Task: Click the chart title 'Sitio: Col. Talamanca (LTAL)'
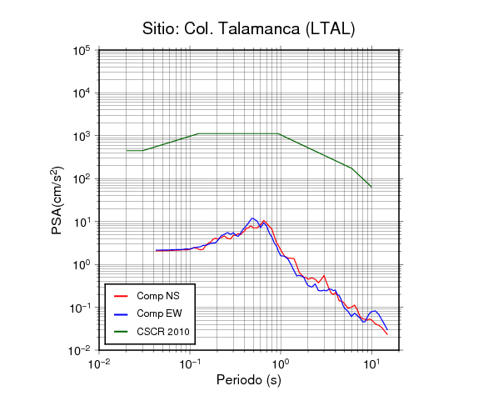[x=248, y=29]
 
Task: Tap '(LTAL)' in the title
[x=330, y=29]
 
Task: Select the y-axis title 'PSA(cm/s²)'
[x=57, y=201]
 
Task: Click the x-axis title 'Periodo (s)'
[x=249, y=380]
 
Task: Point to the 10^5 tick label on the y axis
[x=82, y=50]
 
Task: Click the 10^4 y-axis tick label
[x=82, y=93]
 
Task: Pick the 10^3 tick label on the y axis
[x=82, y=136]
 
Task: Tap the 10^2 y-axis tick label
[x=82, y=179]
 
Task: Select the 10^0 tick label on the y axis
[x=82, y=264]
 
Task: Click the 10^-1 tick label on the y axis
[x=80, y=308]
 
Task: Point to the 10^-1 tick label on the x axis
[x=190, y=363]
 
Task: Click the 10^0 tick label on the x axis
[x=281, y=363]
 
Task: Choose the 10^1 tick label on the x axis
[x=371, y=363]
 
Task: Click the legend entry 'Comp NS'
[x=147, y=296]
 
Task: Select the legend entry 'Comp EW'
[x=148, y=313]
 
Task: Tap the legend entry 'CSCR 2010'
[x=152, y=332]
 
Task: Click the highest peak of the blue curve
[x=252, y=218]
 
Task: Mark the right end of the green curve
[x=371, y=187]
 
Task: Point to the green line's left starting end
[x=127, y=151]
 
